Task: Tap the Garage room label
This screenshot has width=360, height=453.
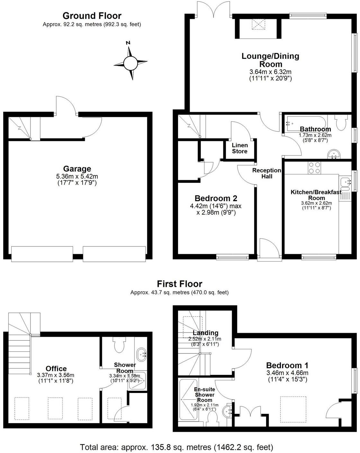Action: tap(77, 169)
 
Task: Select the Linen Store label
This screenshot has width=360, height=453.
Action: tap(239, 148)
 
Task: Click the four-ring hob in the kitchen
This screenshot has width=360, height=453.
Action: tap(314, 167)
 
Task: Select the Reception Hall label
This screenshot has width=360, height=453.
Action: tap(266, 173)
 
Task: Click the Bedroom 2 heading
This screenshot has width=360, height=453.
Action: tap(216, 198)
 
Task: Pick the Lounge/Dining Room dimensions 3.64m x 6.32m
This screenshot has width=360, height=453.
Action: tap(270, 72)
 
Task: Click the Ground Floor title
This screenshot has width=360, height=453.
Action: tap(92, 16)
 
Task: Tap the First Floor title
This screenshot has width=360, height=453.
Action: tap(179, 284)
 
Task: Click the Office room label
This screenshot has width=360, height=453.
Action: tap(56, 369)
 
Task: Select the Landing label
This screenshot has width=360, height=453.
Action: tap(205, 333)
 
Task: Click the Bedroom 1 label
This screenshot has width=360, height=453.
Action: tap(287, 365)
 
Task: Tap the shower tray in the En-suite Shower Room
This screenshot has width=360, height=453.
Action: tap(188, 400)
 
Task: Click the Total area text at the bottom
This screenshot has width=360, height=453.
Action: tap(176, 447)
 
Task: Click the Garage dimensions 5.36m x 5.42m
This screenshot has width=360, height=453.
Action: tap(77, 176)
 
